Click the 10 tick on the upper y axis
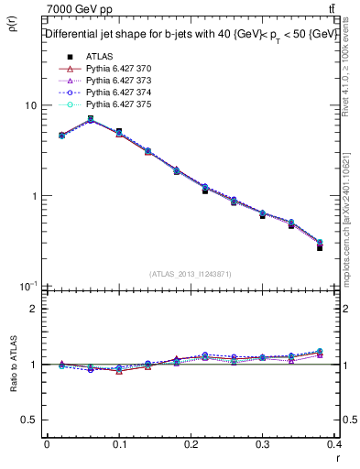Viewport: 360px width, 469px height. [30, 106]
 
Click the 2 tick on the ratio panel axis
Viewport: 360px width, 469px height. [33, 309]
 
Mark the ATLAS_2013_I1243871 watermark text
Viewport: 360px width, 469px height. [191, 274]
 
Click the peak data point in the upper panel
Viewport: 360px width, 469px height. [90, 119]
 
